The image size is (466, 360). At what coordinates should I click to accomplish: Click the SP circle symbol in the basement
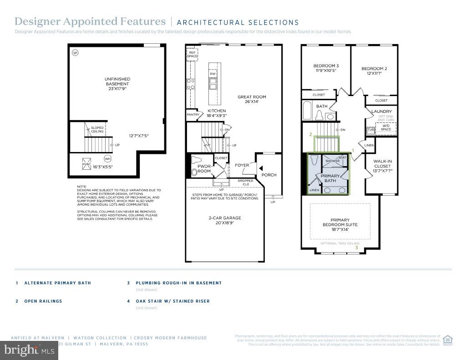pyautogui.click(x=75, y=53)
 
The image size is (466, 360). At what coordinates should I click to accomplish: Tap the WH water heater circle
pyautogui.click(x=107, y=159)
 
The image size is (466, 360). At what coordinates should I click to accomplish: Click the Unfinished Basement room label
pyautogui.click(x=117, y=84)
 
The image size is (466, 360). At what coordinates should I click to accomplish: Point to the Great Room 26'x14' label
pyautogui.click(x=251, y=99)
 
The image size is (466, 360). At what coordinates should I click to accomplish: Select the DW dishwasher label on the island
pyautogui.click(x=212, y=74)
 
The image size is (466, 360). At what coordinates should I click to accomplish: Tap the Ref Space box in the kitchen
pyautogui.click(x=192, y=54)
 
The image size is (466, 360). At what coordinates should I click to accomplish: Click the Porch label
pyautogui.click(x=269, y=175)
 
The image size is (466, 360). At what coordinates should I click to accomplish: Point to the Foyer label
pyautogui.click(x=242, y=165)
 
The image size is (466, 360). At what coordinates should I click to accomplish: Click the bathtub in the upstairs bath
pyautogui.click(x=308, y=111)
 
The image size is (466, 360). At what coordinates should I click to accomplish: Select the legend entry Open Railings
pyautogui.click(x=43, y=301)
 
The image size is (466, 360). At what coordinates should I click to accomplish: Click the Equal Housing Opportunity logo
pyautogui.click(x=448, y=340)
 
